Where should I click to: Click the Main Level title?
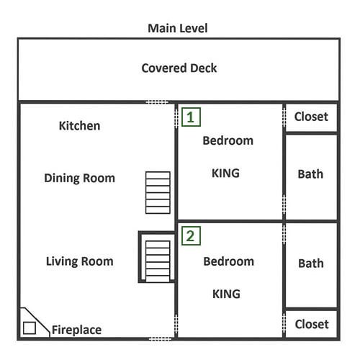pyautogui.click(x=178, y=28)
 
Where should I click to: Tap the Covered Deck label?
pyautogui.click(x=179, y=68)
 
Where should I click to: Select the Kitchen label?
pyautogui.click(x=79, y=126)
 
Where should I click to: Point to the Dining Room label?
pyautogui.click(x=79, y=178)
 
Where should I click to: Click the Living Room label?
pyautogui.click(x=79, y=261)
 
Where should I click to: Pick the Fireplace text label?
pyautogui.click(x=76, y=330)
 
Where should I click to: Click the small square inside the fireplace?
pyautogui.click(x=30, y=328)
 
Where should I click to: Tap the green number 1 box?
pyautogui.click(x=191, y=117)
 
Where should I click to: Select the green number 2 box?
pyautogui.click(x=191, y=236)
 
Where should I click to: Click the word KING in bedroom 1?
pyautogui.click(x=225, y=173)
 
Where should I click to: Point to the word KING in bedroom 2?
pyautogui.click(x=226, y=294)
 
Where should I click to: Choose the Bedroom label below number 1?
pyautogui.click(x=228, y=140)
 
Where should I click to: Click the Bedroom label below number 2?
pyautogui.click(x=229, y=261)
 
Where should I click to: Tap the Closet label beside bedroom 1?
pyautogui.click(x=311, y=117)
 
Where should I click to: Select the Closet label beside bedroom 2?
pyautogui.click(x=312, y=325)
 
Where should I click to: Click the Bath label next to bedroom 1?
pyautogui.click(x=310, y=174)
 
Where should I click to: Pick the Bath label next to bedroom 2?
pyautogui.click(x=311, y=264)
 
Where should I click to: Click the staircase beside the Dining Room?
pyautogui.click(x=158, y=193)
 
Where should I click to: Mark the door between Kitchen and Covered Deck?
pyautogui.click(x=157, y=102)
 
